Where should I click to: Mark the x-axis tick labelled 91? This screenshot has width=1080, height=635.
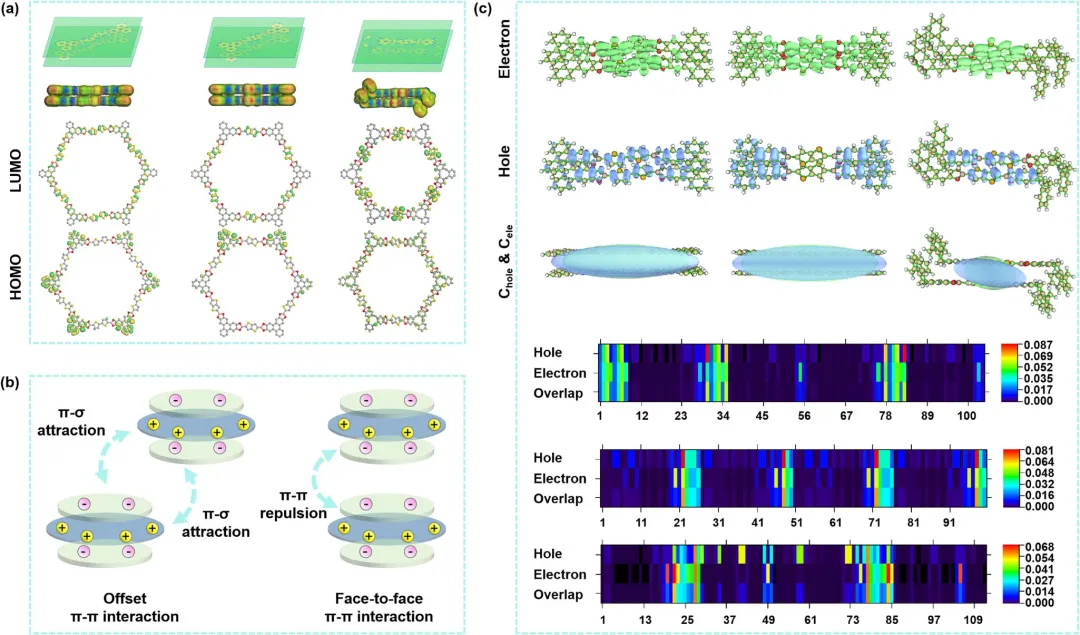point(949,522)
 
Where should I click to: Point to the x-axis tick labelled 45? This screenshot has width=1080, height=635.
point(761,414)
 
